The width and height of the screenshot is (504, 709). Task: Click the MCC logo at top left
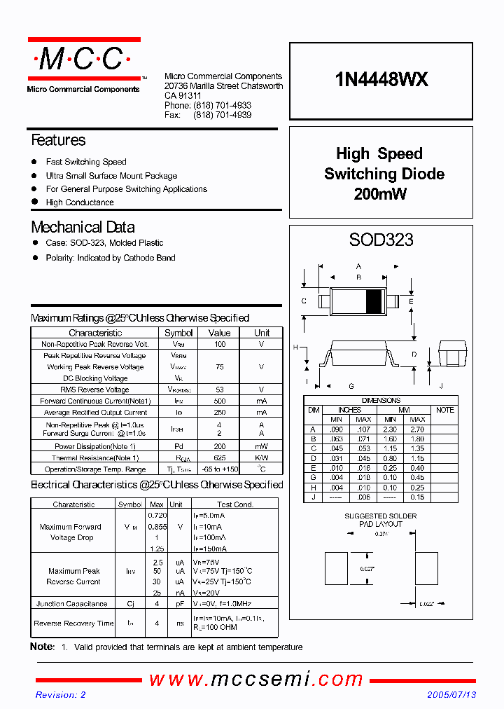coord(83,60)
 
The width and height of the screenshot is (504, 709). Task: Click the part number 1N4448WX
coord(381,80)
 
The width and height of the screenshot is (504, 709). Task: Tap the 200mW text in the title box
coord(380,194)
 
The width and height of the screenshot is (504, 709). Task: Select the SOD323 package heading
coord(381,240)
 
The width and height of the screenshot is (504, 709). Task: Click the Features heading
coord(58,140)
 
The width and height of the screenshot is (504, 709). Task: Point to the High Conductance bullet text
coord(80,202)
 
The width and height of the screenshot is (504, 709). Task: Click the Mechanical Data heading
coord(83,227)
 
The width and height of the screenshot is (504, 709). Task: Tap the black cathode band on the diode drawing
coord(374,301)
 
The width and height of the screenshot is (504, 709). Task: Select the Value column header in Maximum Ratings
coord(219,333)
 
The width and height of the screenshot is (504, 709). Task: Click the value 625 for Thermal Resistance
coord(219,457)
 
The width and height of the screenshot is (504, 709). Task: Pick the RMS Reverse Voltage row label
coord(95,390)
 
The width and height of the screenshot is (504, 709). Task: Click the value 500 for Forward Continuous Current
coord(219,401)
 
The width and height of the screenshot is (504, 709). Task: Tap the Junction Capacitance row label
coord(71,603)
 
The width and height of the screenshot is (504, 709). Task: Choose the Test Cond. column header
coord(234,504)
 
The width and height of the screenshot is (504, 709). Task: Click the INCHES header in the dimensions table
coord(349,410)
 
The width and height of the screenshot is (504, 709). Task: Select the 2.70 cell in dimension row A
coord(417,429)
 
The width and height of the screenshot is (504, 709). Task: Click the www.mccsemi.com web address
coord(256,679)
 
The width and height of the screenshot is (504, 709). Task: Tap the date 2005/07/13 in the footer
coord(451,695)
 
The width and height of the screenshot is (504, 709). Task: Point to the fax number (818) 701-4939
coord(222,115)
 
